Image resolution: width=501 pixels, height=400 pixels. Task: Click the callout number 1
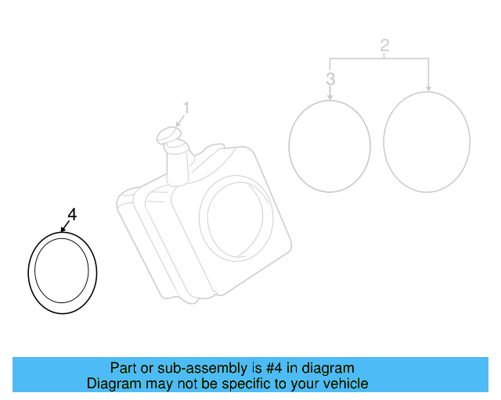(186, 106)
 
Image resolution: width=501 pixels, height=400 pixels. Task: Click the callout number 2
(384, 45)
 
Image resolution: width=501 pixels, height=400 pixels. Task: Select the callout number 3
(330, 79)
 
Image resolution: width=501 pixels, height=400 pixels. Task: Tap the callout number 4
(72, 214)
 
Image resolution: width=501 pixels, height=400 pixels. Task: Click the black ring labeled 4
(32, 273)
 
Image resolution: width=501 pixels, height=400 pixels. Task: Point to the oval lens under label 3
(329, 145)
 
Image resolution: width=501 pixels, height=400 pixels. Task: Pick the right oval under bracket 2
(427, 141)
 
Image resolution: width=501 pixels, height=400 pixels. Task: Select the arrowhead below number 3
(330, 96)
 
